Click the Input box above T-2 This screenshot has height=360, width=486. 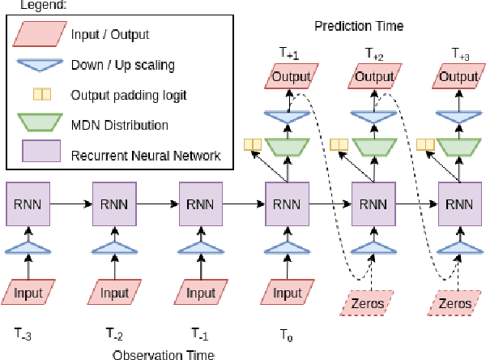(x=115, y=292)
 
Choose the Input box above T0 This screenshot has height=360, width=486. (x=288, y=292)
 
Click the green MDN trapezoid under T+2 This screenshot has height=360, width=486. (x=373, y=147)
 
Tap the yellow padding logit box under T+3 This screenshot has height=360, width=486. (x=424, y=145)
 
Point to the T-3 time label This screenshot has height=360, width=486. (x=25, y=332)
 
